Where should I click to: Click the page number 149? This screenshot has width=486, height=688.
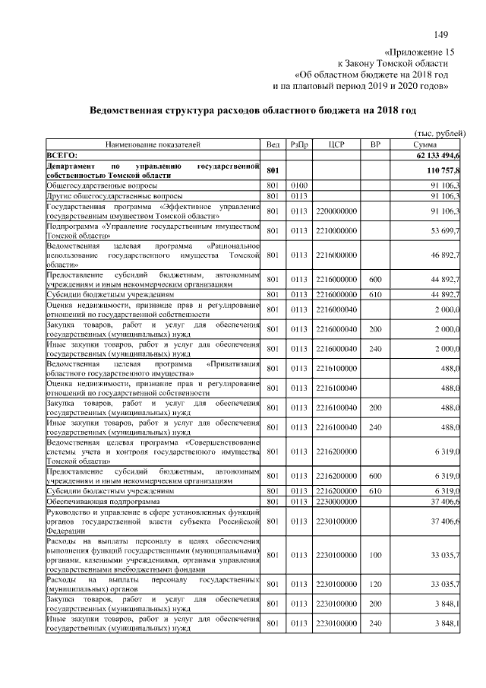tap(440, 34)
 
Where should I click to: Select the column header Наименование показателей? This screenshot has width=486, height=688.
tap(153, 144)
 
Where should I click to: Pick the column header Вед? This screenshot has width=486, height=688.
tap(273, 144)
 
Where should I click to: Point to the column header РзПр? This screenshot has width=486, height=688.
tap(298, 144)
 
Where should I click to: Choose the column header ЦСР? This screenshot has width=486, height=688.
tap(337, 144)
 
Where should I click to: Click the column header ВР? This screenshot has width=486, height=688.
tap(374, 144)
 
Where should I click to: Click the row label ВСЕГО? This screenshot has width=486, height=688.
tap(63, 154)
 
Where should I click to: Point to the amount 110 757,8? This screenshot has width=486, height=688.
tap(441, 170)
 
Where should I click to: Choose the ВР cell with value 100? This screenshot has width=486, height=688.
tap(374, 555)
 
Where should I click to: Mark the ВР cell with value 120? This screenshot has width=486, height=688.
tap(374, 585)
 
